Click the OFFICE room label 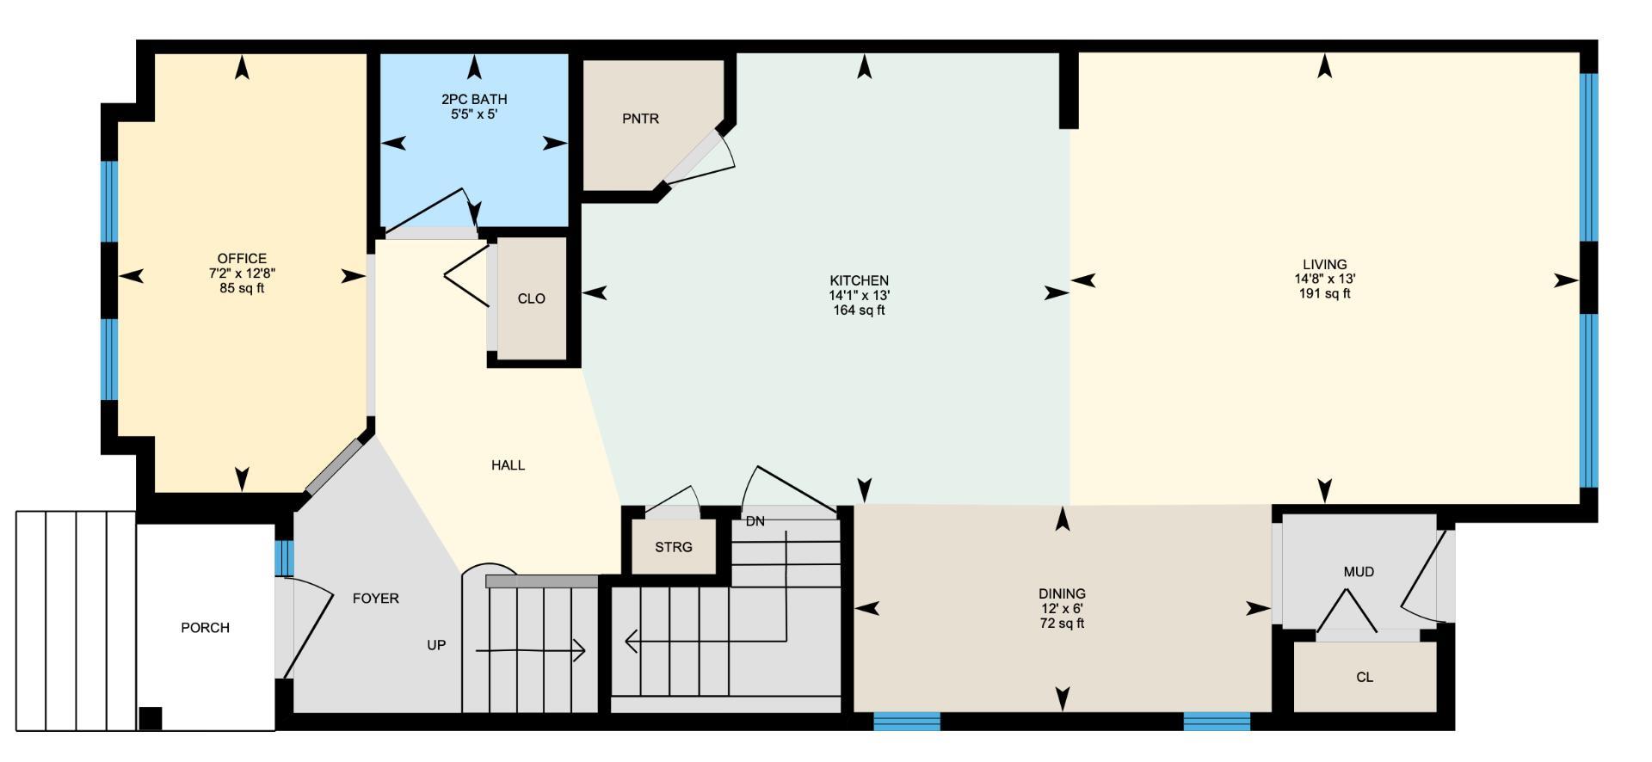[242, 259]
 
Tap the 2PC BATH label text [474, 100]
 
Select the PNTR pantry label [640, 119]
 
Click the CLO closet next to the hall [532, 298]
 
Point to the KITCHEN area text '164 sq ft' [859, 310]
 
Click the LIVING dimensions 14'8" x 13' [1324, 279]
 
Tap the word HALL [508, 465]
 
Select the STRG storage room [673, 547]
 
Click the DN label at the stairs [755, 522]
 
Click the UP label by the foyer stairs [436, 645]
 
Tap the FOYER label [376, 599]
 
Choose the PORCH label [205, 628]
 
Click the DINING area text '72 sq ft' [1062, 624]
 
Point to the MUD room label [1359, 572]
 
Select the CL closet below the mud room [1364, 678]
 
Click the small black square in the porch [151, 718]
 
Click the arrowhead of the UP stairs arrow [581, 651]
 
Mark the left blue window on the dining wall [907, 721]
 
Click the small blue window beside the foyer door [284, 558]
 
